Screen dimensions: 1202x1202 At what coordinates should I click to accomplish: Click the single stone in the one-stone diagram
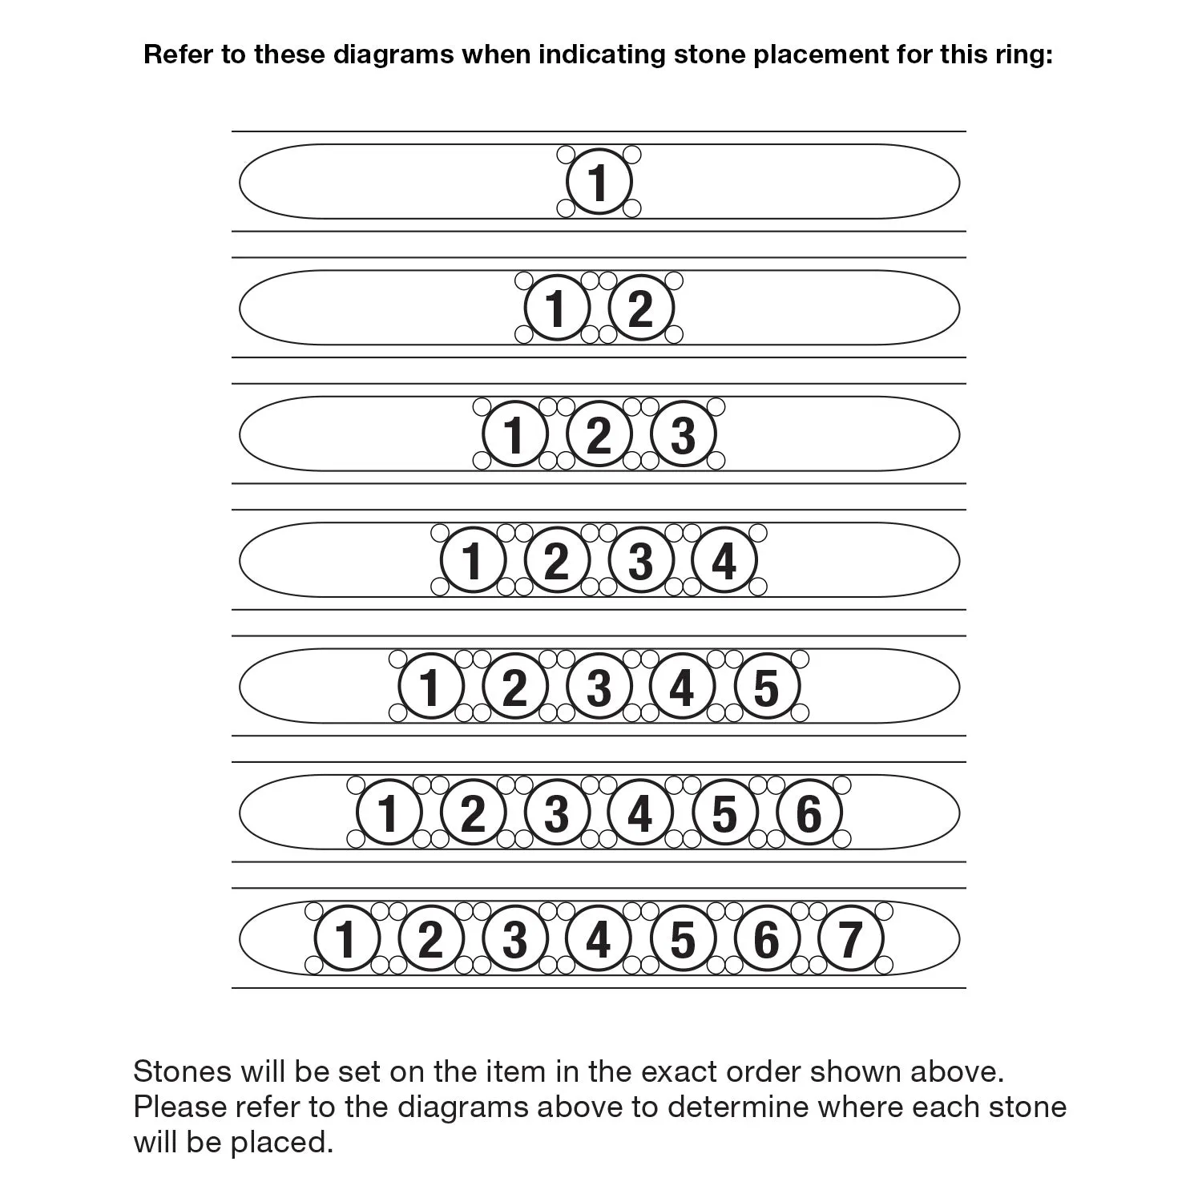point(599,181)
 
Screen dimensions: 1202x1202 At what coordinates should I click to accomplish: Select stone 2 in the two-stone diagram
point(640,308)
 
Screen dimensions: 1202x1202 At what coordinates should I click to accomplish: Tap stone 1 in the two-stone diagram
point(557,308)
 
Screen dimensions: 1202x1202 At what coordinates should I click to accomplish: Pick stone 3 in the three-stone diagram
point(683,434)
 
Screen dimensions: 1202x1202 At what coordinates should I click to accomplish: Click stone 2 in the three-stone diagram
point(599,434)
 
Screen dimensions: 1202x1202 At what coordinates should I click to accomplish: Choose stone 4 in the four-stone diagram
point(724,559)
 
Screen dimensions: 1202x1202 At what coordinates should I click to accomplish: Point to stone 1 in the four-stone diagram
point(473,559)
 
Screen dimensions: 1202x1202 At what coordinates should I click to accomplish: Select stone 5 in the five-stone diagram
point(766,686)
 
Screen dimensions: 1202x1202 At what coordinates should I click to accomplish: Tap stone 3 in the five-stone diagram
point(599,686)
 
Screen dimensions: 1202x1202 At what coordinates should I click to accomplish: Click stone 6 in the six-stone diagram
point(809,812)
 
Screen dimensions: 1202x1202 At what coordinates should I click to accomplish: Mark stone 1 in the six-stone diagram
point(389,812)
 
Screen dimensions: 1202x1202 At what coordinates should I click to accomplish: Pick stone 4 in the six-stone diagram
point(640,812)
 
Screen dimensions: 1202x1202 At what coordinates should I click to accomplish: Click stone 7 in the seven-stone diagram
point(850,938)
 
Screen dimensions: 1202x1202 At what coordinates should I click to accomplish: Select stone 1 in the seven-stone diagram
point(347,938)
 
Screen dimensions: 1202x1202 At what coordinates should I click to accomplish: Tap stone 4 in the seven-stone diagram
point(599,938)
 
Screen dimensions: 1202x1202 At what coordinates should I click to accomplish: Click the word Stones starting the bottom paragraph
point(183,1071)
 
